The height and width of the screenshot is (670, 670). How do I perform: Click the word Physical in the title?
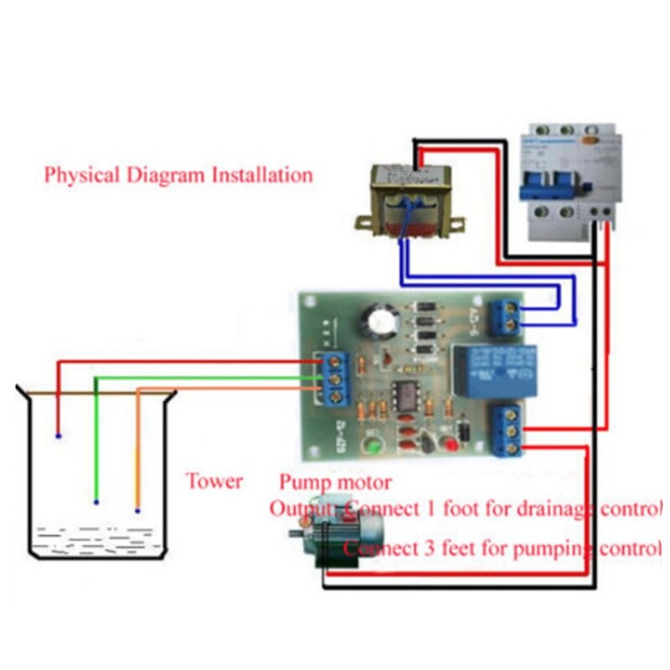coord(80,177)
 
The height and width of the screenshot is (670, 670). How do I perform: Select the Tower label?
coord(214,482)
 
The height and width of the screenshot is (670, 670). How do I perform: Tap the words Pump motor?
coord(335,483)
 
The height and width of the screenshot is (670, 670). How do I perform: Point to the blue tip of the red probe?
coord(57,436)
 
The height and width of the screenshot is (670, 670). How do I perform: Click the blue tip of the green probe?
coord(96,502)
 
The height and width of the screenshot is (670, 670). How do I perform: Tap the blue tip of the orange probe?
coord(137,509)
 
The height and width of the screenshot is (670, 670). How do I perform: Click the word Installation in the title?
coord(262,176)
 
